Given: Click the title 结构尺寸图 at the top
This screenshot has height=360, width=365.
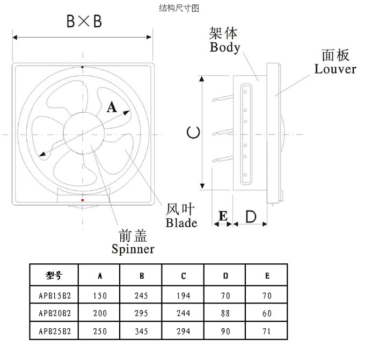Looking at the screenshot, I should (180, 8).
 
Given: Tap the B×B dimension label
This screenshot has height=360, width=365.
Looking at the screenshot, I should (84, 21).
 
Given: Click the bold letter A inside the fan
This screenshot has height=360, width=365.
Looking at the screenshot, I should (112, 107).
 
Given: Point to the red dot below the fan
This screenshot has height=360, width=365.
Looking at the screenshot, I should (82, 200).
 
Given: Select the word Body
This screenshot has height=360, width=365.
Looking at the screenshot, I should (225, 47).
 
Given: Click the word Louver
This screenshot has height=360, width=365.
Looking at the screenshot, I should (335, 69).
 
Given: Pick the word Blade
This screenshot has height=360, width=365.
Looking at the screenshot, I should (181, 223).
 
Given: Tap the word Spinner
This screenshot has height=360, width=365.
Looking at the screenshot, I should (133, 249).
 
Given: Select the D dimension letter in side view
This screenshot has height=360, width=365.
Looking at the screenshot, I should (251, 217).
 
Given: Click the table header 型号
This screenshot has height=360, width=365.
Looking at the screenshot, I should (54, 276).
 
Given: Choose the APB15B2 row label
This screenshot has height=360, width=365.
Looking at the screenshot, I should (55, 296).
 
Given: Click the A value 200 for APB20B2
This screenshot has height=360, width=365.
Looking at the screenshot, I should (100, 313).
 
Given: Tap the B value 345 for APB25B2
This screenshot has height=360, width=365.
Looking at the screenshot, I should (142, 332).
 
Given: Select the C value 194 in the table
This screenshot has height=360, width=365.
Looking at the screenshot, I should (184, 296).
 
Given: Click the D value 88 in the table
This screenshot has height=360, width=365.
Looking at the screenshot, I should (225, 313).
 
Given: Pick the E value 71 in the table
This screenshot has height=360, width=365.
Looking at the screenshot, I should (267, 332).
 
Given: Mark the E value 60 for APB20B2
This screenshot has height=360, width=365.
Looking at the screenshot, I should (267, 313).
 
